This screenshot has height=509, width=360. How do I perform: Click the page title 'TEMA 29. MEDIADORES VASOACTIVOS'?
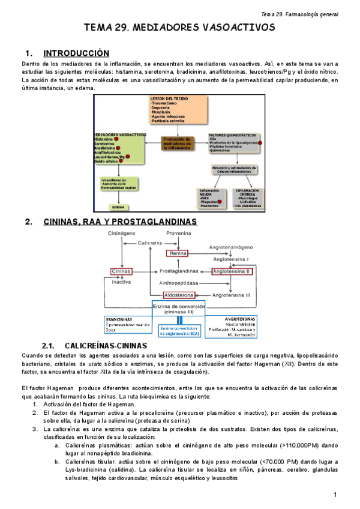[179, 28]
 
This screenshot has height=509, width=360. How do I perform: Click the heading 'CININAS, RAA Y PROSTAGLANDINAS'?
[120, 221]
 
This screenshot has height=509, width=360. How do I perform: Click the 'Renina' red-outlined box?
[178, 253]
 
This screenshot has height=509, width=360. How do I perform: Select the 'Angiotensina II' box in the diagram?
[232, 271]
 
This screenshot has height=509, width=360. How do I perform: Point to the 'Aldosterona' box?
[178, 295]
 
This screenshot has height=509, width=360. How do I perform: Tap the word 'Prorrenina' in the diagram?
[178, 233]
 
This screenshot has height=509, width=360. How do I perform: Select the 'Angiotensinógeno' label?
[232, 247]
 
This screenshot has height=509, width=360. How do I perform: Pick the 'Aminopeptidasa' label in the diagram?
[178, 282]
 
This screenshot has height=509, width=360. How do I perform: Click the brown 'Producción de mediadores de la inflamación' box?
[177, 143]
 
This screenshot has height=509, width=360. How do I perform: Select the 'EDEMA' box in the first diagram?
[118, 207]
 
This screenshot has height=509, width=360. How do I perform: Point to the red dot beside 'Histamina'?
[118, 139]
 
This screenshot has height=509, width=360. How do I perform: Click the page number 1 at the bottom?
[337, 494]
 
